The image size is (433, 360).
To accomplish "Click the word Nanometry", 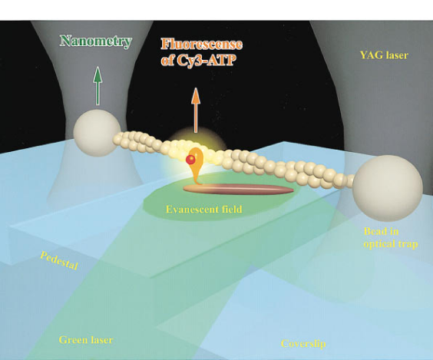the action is pos(95,41).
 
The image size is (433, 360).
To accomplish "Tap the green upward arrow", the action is pos(98,85).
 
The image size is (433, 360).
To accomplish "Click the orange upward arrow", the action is pos(196,111).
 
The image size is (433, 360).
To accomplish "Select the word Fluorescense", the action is pos(202,45).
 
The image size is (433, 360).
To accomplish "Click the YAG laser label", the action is pos(384,55).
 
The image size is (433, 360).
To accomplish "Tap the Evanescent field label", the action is pos(204,209).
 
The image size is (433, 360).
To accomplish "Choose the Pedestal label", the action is pos(59,260).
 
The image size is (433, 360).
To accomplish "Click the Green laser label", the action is pos(86,339).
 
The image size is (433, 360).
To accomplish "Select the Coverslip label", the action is pos(303,344).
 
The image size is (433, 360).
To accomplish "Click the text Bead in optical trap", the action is pos(391,237).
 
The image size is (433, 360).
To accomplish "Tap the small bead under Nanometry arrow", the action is pos(97,133).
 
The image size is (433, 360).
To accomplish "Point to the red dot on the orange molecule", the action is pos(190,160).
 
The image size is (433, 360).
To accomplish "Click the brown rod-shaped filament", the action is pos(238,189).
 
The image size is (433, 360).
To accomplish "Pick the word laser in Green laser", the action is pos(101,339).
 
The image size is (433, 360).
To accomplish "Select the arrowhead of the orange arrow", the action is pos(196,95).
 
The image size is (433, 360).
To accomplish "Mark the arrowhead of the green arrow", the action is pos(98,74).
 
